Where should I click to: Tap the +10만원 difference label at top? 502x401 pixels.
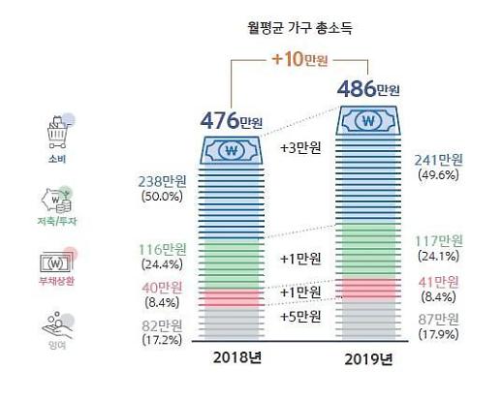tap(301, 61)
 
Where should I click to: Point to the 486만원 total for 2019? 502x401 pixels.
tap(368, 90)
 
